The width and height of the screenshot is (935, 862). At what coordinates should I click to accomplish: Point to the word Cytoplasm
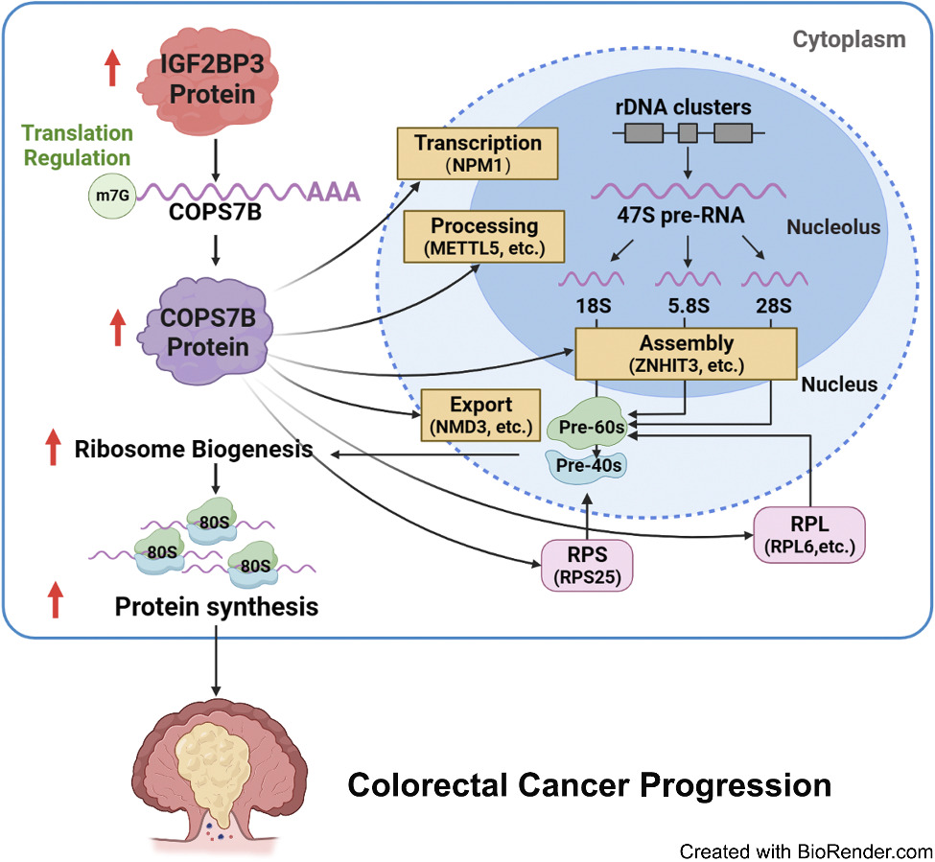tap(849, 40)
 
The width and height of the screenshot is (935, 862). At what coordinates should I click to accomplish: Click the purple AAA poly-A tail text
tap(333, 192)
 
